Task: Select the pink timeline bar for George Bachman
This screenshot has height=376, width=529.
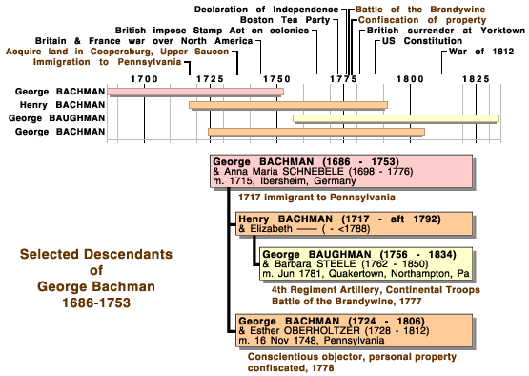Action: click(x=195, y=92)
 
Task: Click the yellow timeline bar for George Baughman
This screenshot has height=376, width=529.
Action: click(x=396, y=118)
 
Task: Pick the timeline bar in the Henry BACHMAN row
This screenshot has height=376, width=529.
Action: click(x=288, y=105)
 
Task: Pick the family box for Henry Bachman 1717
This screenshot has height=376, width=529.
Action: click(x=355, y=224)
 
